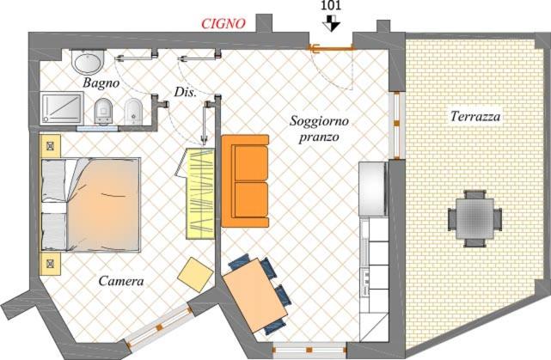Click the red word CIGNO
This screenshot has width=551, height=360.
(x=223, y=23)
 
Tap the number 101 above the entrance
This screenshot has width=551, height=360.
(x=331, y=6)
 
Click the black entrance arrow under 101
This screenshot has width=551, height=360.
(x=331, y=23)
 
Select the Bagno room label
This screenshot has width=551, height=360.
(x=101, y=83)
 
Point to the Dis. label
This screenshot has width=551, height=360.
(x=185, y=92)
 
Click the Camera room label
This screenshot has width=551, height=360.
(x=121, y=281)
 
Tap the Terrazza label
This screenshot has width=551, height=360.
(x=475, y=116)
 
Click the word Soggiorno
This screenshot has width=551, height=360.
(x=319, y=121)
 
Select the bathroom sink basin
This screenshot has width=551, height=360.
(x=88, y=62)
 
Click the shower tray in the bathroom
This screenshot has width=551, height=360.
(x=62, y=107)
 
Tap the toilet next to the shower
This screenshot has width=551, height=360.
(x=104, y=112)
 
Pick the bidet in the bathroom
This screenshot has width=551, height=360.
(x=133, y=112)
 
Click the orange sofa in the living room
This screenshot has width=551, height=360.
(x=245, y=181)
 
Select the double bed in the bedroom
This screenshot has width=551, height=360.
(x=91, y=205)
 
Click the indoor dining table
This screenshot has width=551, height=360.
(x=255, y=296)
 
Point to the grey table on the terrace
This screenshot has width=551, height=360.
(x=474, y=218)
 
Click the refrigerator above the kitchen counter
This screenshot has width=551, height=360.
(x=373, y=189)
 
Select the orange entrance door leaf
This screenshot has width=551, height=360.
(x=331, y=48)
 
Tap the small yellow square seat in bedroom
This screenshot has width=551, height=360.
(x=195, y=274)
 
